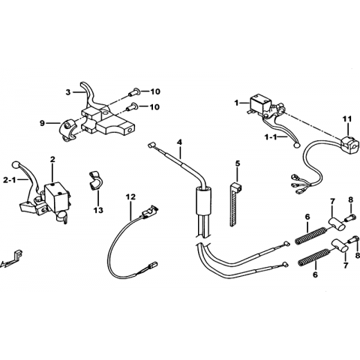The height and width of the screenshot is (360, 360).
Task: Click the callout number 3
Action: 68,92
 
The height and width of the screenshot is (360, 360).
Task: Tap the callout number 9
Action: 42,123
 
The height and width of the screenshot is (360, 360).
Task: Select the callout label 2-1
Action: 10,180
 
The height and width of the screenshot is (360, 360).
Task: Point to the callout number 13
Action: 98,211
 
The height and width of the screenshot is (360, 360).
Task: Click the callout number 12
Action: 131,197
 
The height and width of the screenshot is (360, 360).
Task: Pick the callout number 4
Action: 179,142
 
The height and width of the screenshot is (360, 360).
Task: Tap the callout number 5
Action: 237,163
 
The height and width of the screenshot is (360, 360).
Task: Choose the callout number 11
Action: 347,119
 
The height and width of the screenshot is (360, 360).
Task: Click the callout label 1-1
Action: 271,137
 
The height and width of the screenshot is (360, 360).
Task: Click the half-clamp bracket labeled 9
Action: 67,130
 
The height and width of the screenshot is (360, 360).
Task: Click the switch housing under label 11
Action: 346,142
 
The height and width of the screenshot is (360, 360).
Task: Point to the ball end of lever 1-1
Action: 297,145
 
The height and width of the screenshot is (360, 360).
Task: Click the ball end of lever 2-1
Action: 16,164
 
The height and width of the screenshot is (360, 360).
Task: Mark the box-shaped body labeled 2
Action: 56,196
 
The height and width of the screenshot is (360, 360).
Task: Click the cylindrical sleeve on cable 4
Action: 202,201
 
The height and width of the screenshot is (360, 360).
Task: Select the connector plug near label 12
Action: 149,211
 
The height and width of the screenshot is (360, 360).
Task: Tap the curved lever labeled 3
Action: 90,96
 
